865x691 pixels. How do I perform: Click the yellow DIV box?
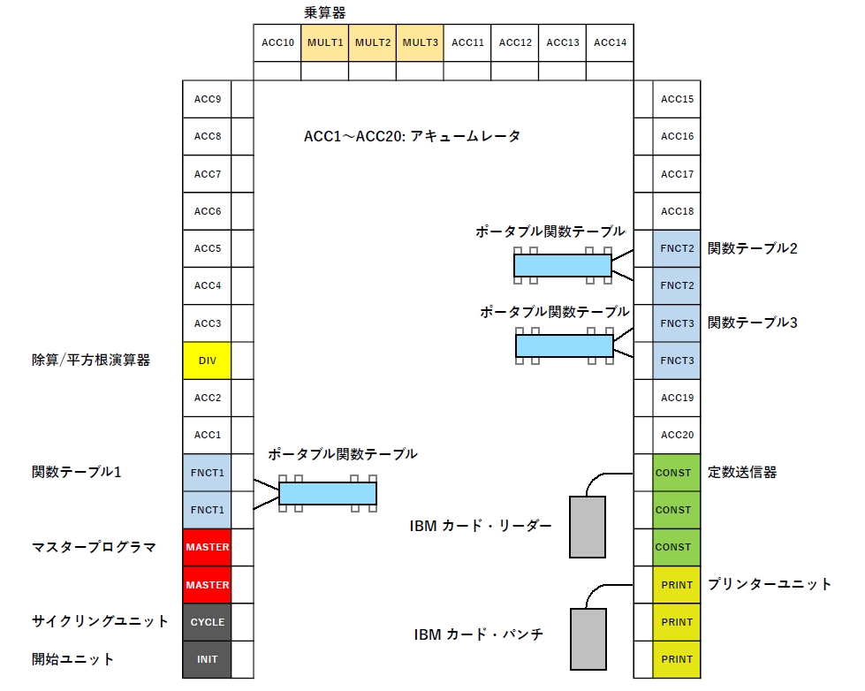click(x=207, y=361)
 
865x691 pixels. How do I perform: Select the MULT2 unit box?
click(x=372, y=42)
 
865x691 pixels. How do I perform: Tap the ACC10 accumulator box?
click(x=277, y=42)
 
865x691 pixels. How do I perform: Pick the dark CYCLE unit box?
click(x=207, y=622)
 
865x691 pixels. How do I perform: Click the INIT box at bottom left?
click(x=207, y=659)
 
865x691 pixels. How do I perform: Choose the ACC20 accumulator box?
click(x=677, y=435)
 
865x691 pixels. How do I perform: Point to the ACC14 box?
click(x=610, y=42)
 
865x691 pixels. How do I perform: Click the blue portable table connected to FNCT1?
click(x=328, y=493)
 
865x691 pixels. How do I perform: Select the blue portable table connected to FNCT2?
click(x=563, y=265)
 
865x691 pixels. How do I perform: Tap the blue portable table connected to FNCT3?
click(x=565, y=345)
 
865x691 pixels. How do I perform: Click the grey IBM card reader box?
click(x=587, y=527)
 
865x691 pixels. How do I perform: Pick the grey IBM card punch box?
click(x=587, y=638)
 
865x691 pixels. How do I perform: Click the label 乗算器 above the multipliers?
click(x=325, y=13)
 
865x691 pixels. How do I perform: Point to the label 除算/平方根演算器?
click(x=91, y=361)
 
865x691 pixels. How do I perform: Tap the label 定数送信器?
click(x=742, y=473)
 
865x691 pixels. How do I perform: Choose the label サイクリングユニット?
click(x=100, y=621)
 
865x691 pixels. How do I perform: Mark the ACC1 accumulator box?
click(x=207, y=435)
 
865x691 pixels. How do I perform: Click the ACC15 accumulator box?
click(x=677, y=99)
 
